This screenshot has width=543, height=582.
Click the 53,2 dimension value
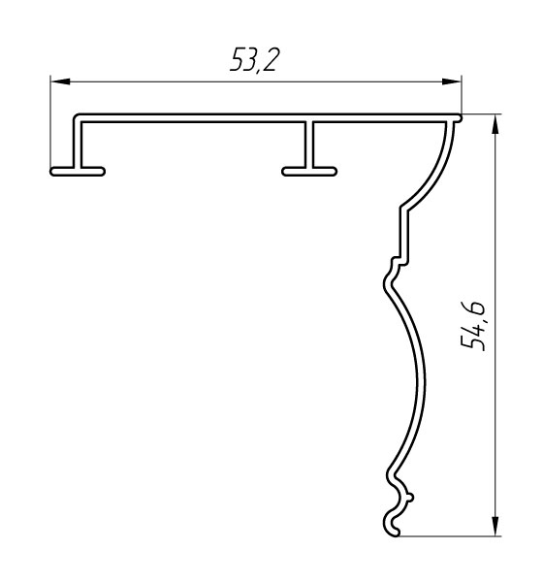click(x=254, y=59)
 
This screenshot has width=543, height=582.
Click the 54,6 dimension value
click(x=473, y=325)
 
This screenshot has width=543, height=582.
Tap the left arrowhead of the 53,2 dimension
click(x=60, y=81)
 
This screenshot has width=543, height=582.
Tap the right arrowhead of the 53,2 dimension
click(x=451, y=81)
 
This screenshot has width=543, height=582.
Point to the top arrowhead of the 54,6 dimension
click(x=495, y=124)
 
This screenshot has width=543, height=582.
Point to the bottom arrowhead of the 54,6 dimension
click(x=495, y=526)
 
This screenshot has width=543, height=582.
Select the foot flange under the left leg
click(x=78, y=171)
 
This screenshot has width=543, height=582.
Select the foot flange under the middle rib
click(x=309, y=171)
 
